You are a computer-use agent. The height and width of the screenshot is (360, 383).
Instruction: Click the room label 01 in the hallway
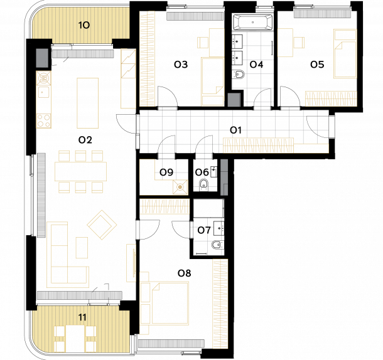point(235,130)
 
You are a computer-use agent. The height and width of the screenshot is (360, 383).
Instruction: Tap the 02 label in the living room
point(85,140)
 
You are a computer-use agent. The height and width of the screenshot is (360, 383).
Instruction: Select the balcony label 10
point(84,25)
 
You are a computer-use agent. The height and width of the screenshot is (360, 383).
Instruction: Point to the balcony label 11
point(82,317)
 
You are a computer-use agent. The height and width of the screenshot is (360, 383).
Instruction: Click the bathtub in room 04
point(252,22)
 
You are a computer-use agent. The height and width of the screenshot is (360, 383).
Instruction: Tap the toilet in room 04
point(238,74)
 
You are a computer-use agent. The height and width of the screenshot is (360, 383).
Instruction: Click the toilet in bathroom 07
point(218,245)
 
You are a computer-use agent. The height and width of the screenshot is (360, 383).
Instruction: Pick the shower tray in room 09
point(180,187)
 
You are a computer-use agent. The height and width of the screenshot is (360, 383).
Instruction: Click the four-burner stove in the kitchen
point(44,121)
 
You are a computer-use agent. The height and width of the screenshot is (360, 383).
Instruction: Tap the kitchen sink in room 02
point(43,92)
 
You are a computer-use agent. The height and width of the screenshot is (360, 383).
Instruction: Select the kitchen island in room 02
point(88,103)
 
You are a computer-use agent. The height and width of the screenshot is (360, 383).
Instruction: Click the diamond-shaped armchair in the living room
point(102,225)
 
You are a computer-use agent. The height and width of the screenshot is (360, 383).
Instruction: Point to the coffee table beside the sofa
point(82,248)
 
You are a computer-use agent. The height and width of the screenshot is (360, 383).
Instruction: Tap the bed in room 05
point(345,54)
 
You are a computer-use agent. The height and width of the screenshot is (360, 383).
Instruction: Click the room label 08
point(184,273)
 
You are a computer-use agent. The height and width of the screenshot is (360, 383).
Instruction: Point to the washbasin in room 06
point(213,172)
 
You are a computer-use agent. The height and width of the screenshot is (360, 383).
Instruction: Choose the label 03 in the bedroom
point(181,65)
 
